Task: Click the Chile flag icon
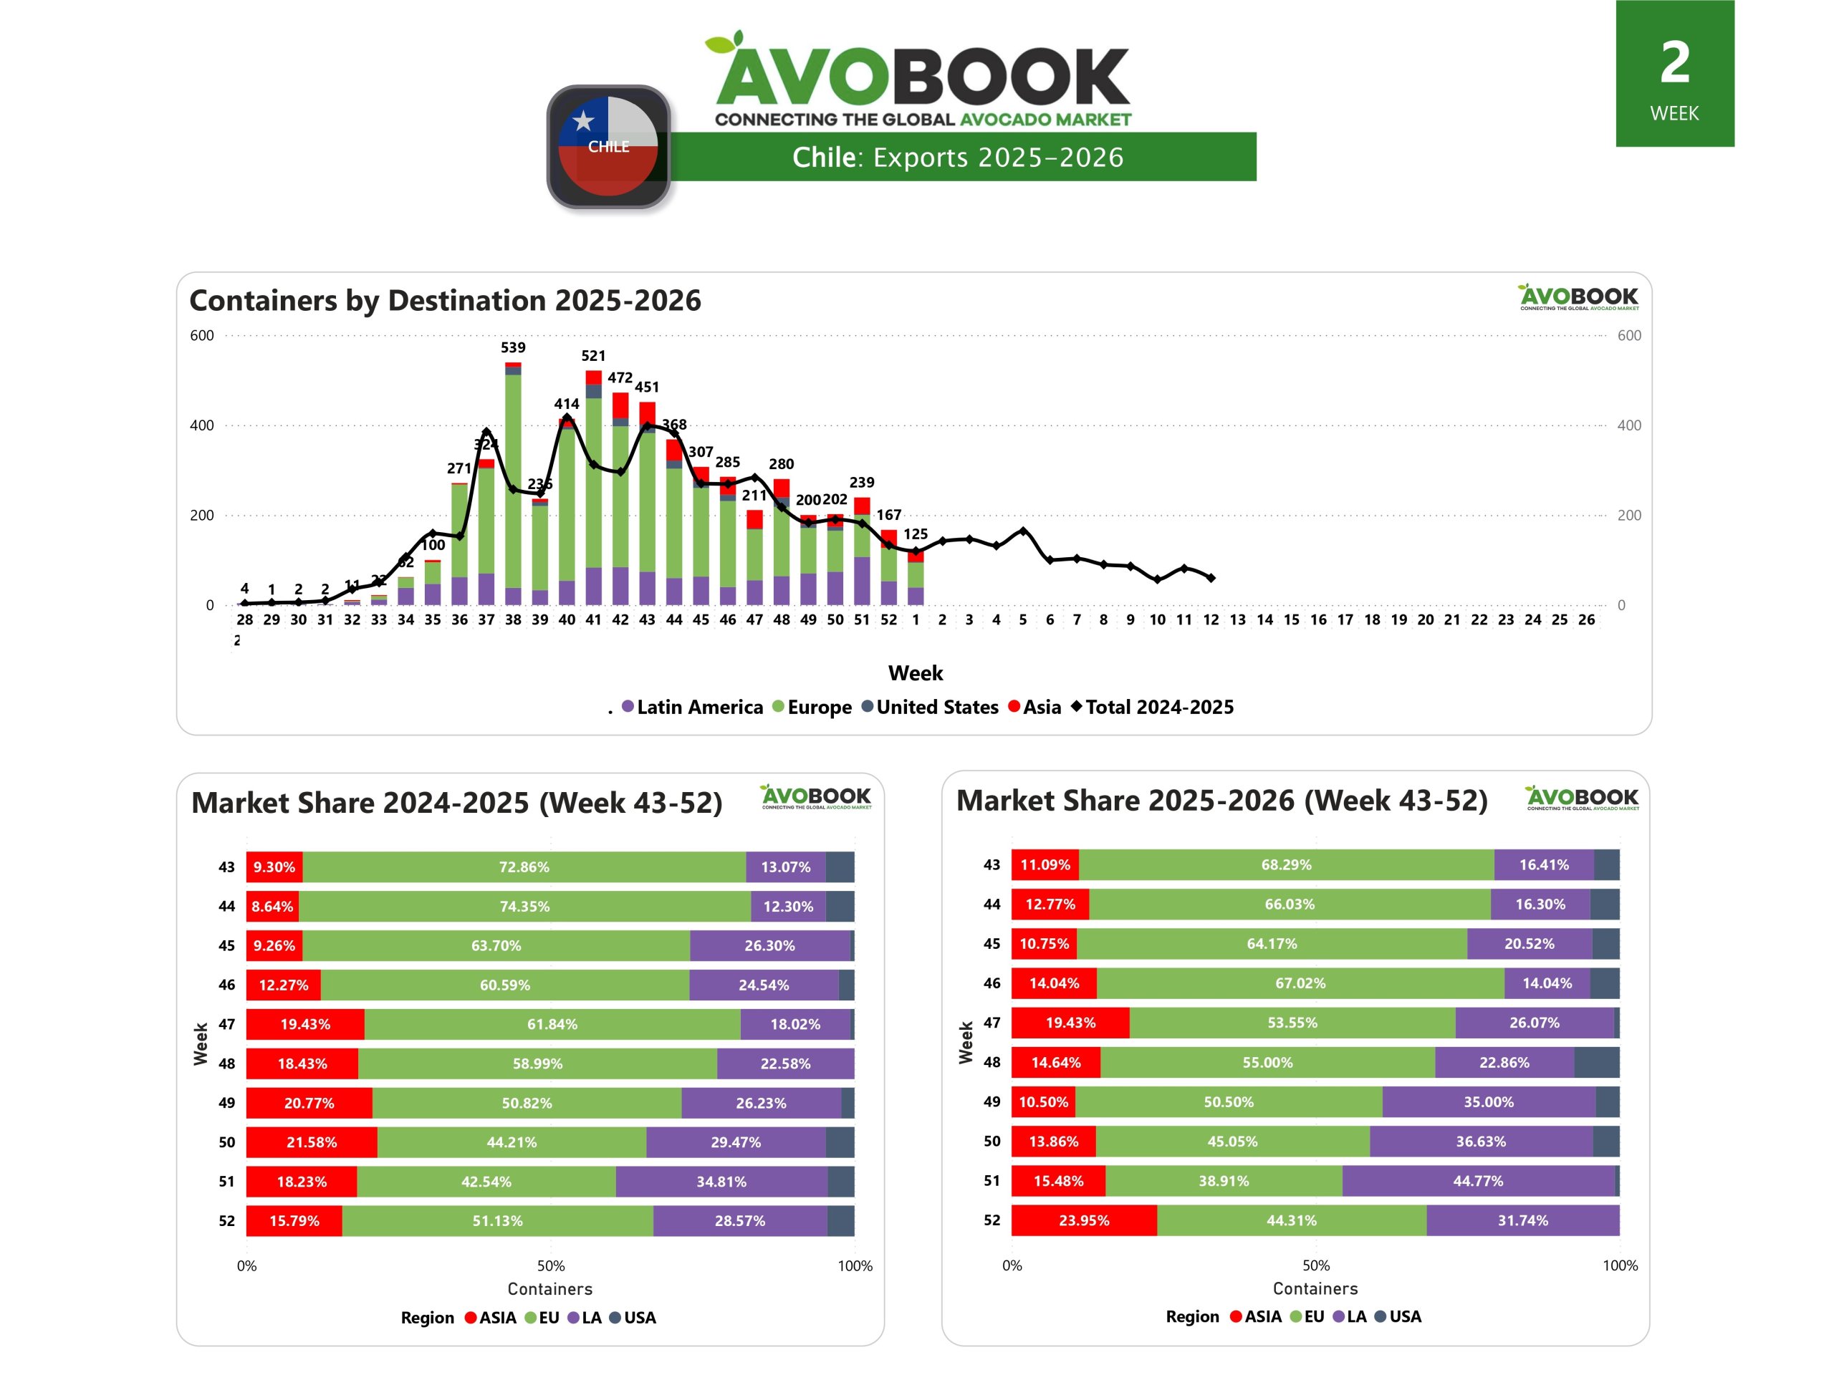point(608,147)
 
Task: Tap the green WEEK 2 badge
point(1674,74)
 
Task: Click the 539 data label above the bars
point(512,347)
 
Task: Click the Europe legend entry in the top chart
point(812,707)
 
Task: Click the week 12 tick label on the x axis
point(1211,619)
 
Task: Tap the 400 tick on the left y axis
point(201,425)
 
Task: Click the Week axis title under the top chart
point(916,673)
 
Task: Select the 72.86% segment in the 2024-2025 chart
point(524,867)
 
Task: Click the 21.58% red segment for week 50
point(312,1142)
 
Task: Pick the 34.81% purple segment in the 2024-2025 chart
point(721,1181)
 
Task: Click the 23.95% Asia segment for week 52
point(1084,1220)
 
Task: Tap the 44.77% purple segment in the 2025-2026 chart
point(1477,1180)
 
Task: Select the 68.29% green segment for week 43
point(1286,864)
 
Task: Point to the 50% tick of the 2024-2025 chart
point(550,1265)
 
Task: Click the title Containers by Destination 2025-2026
point(445,300)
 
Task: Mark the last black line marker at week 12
point(1211,578)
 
